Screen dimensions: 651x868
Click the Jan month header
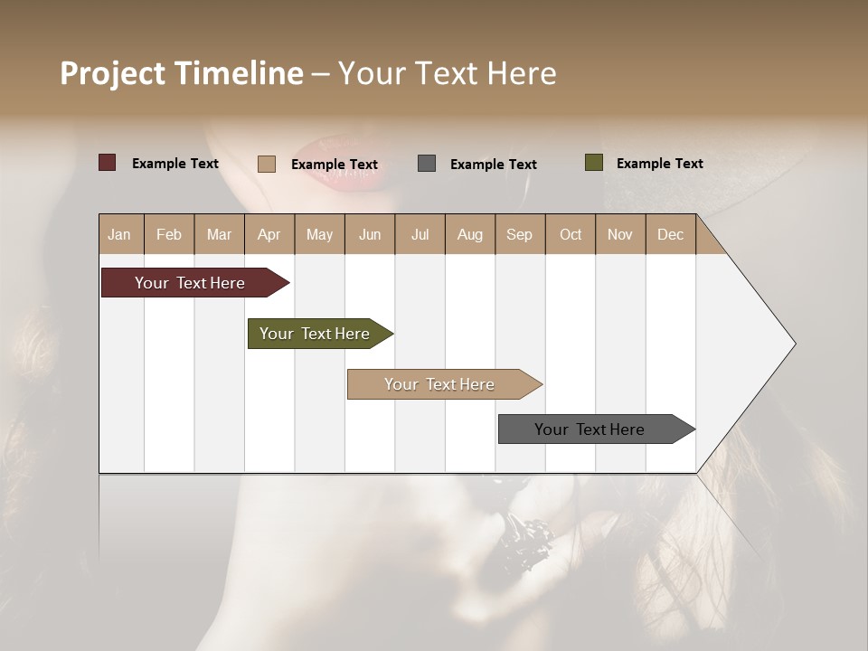[x=119, y=234]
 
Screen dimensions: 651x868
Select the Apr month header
[x=269, y=234]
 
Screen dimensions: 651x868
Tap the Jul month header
[x=420, y=234]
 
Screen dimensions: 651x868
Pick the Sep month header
[x=519, y=234]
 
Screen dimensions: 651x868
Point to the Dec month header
[x=670, y=234]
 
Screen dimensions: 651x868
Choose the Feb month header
[x=169, y=234]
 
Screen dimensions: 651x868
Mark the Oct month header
[x=571, y=234]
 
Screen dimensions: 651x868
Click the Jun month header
[x=370, y=234]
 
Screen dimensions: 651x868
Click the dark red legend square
[x=108, y=163]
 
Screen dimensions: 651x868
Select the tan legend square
[x=267, y=164]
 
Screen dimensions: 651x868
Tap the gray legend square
[x=427, y=164]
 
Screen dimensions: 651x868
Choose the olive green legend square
[x=594, y=163]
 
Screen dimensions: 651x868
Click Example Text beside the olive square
[x=659, y=164]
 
